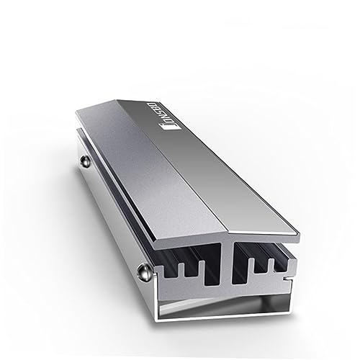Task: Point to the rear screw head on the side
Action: pyautogui.click(x=85, y=158)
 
